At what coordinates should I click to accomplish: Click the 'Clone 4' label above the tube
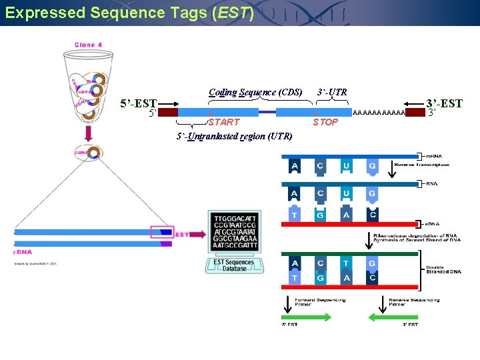pyautogui.click(x=88, y=45)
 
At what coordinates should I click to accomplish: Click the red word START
pyautogui.click(x=223, y=122)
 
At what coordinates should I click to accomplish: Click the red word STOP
pyautogui.click(x=325, y=122)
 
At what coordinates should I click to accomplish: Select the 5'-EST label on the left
pyautogui.click(x=138, y=103)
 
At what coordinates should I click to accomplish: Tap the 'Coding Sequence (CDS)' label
pyautogui.click(x=255, y=92)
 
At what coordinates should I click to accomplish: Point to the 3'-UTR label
pyautogui.click(x=332, y=92)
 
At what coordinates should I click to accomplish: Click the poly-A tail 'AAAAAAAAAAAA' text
pyautogui.click(x=378, y=113)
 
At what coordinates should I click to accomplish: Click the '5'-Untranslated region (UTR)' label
pyautogui.click(x=234, y=137)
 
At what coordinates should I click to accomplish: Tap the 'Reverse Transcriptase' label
pyautogui.click(x=422, y=164)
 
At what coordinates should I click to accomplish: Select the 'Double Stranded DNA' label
pyautogui.click(x=443, y=269)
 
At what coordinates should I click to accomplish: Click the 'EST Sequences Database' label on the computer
pyautogui.click(x=234, y=265)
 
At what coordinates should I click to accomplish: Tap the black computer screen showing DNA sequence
pyautogui.click(x=234, y=232)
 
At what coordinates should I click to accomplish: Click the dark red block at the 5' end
pyautogui.click(x=168, y=113)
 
